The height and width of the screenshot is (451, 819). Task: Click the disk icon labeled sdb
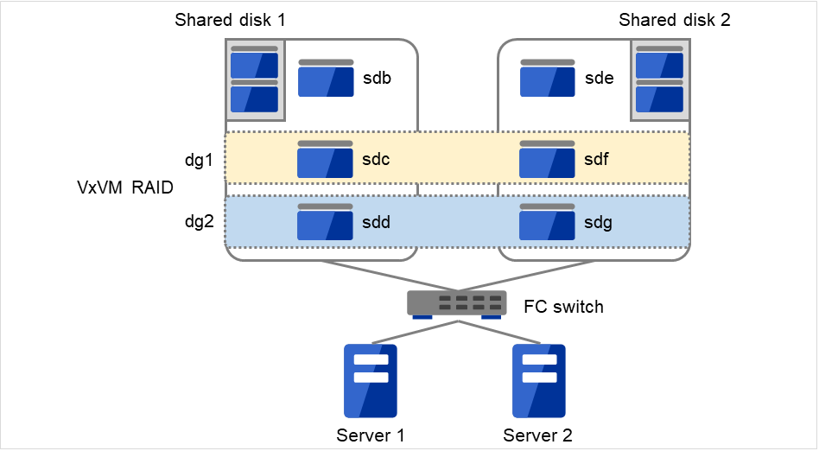326,79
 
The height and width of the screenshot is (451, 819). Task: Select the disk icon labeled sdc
326,160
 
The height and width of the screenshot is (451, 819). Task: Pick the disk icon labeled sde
548,79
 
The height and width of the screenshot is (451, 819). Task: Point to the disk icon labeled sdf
548,160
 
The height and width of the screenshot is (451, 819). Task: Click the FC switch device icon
457,303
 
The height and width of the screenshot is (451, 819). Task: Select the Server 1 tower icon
371,380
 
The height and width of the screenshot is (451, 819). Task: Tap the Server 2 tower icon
538,380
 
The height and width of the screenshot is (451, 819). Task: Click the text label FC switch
563,307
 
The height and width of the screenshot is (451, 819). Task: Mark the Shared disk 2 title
674,20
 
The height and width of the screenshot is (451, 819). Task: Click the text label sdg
599,223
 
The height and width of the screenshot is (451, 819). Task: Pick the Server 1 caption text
371,435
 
